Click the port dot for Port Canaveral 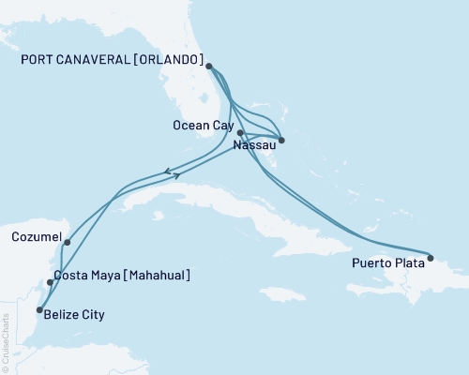[208, 67]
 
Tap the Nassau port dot [281, 141]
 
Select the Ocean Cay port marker [240, 133]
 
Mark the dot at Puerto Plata [431, 257]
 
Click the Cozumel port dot [68, 242]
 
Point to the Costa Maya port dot [50, 282]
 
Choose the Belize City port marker [39, 309]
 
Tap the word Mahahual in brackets [156, 276]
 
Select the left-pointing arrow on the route [167, 171]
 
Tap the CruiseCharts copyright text [6, 338]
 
